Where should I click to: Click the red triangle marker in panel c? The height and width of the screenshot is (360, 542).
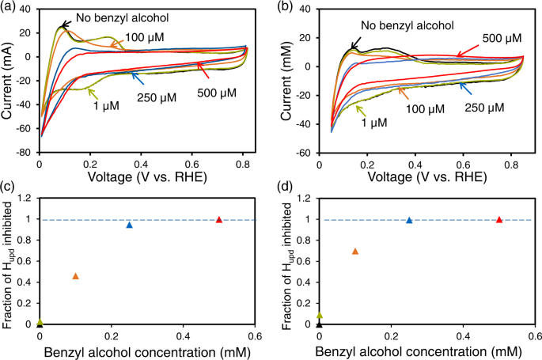pyautogui.click(x=219, y=219)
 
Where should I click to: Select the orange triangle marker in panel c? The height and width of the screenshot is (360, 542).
pyautogui.click(x=76, y=276)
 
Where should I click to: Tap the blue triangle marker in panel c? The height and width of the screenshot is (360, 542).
pyautogui.click(x=130, y=225)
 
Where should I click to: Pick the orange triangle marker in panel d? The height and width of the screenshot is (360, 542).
pyautogui.click(x=355, y=251)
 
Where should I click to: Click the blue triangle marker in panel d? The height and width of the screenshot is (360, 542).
pyautogui.click(x=409, y=220)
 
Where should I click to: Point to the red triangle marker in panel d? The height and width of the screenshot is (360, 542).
pyautogui.click(x=499, y=219)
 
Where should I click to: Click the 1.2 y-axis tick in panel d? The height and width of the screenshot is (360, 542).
pyautogui.click(x=305, y=198)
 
